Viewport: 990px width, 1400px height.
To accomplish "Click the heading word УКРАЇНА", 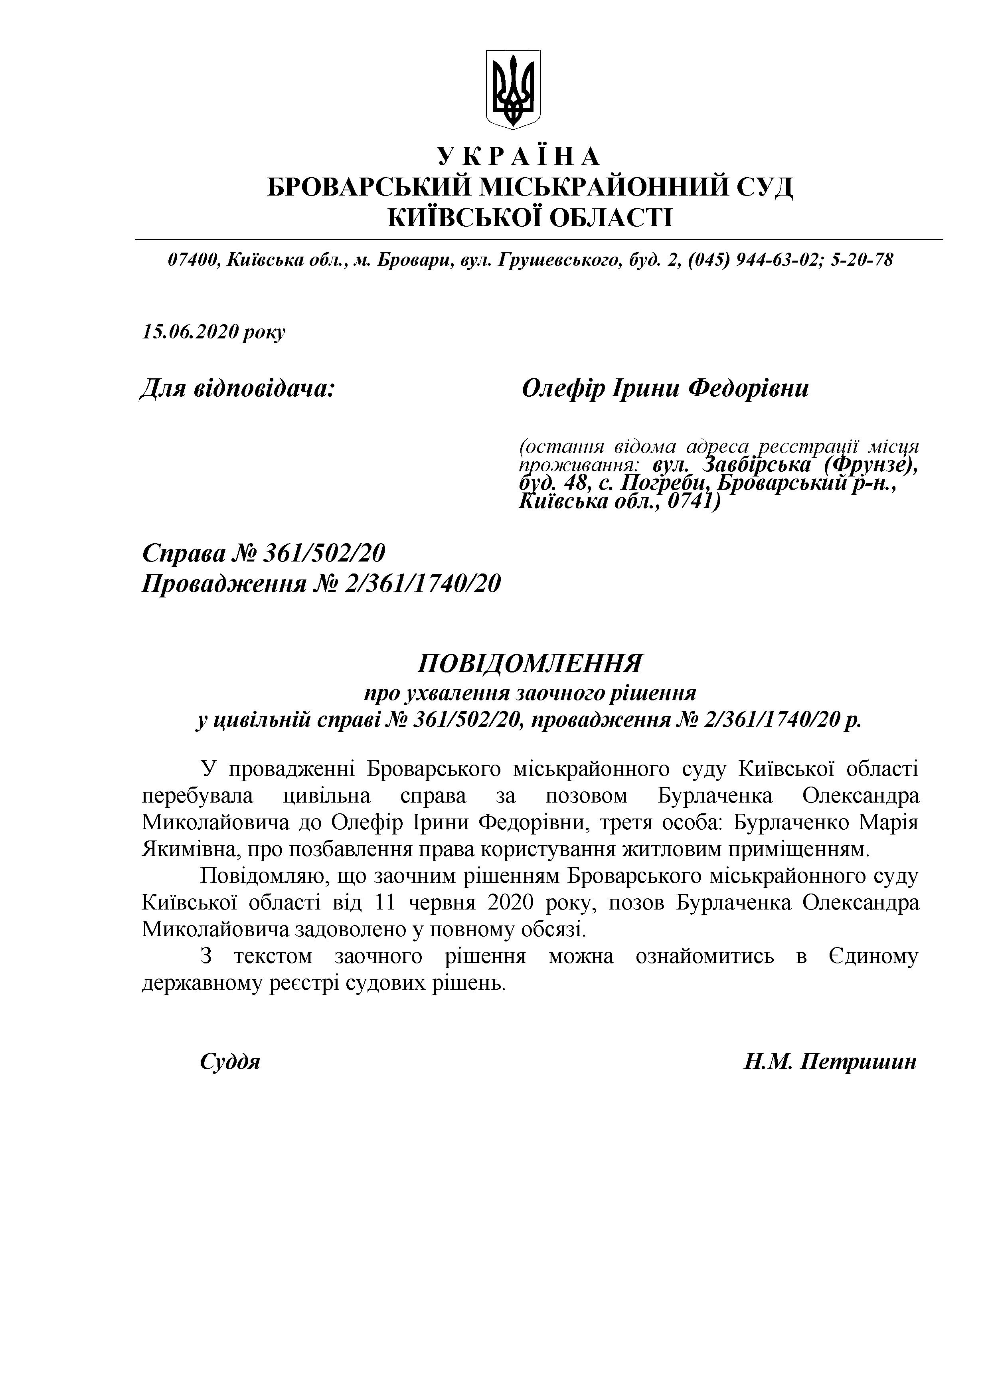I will click(519, 157).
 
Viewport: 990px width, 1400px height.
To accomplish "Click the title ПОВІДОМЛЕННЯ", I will click(530, 662).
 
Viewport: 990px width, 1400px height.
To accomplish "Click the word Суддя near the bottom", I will click(230, 1062).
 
